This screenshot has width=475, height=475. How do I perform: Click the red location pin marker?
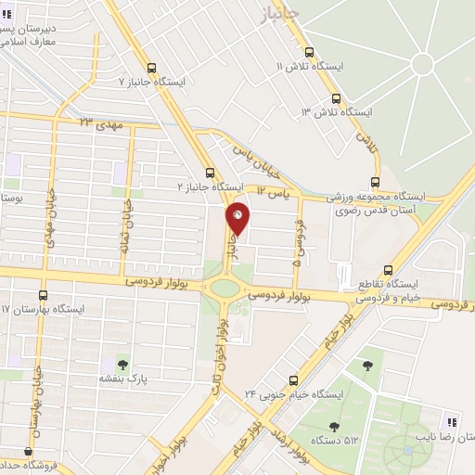(238, 219)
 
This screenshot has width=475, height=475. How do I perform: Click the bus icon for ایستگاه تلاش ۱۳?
(337, 98)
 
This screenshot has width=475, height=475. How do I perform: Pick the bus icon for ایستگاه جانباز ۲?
(211, 173)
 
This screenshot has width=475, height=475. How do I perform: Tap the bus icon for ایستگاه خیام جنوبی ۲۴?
(294, 379)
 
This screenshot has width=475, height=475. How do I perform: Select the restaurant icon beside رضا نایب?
(453, 419)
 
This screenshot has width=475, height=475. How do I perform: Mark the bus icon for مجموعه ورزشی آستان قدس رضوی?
(375, 182)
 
